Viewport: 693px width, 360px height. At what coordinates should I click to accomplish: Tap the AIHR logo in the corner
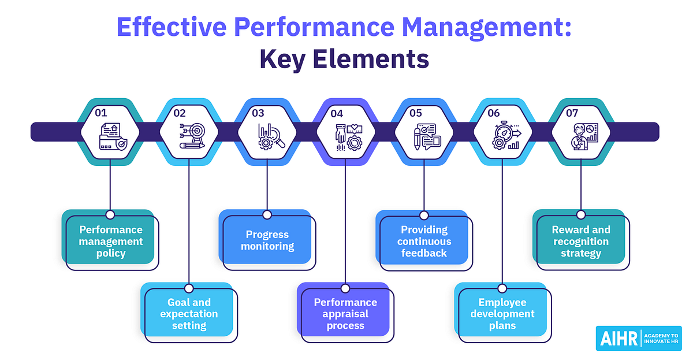[638, 338]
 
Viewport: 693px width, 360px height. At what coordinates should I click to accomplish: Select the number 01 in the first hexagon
[101, 113]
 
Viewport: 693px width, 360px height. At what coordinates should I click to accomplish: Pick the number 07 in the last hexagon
[572, 113]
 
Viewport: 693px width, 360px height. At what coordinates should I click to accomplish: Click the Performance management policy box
[111, 242]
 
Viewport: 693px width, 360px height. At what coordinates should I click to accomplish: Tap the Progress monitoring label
[267, 241]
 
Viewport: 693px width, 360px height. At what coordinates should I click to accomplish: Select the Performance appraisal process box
[345, 314]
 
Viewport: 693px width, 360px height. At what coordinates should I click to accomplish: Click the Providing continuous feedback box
[424, 242]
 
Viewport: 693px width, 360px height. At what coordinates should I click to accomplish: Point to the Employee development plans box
[502, 314]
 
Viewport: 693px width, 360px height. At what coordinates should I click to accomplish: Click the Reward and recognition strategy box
[580, 242]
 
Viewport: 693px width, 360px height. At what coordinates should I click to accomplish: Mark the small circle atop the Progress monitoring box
[267, 214]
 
